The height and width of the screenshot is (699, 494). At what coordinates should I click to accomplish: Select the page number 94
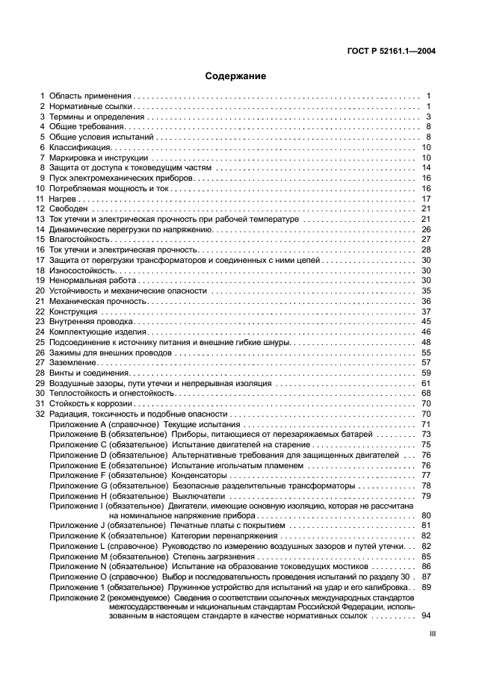tap(427, 616)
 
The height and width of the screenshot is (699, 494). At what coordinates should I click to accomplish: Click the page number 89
tap(427, 588)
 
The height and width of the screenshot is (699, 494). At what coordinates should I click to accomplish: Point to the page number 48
tap(427, 341)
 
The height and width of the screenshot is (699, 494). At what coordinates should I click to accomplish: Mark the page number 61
tap(427, 382)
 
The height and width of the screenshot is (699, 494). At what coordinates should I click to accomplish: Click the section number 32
tap(40, 413)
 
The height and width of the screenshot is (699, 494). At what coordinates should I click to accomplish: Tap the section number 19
tap(40, 280)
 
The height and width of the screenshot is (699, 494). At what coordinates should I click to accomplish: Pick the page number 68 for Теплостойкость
tap(427, 392)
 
